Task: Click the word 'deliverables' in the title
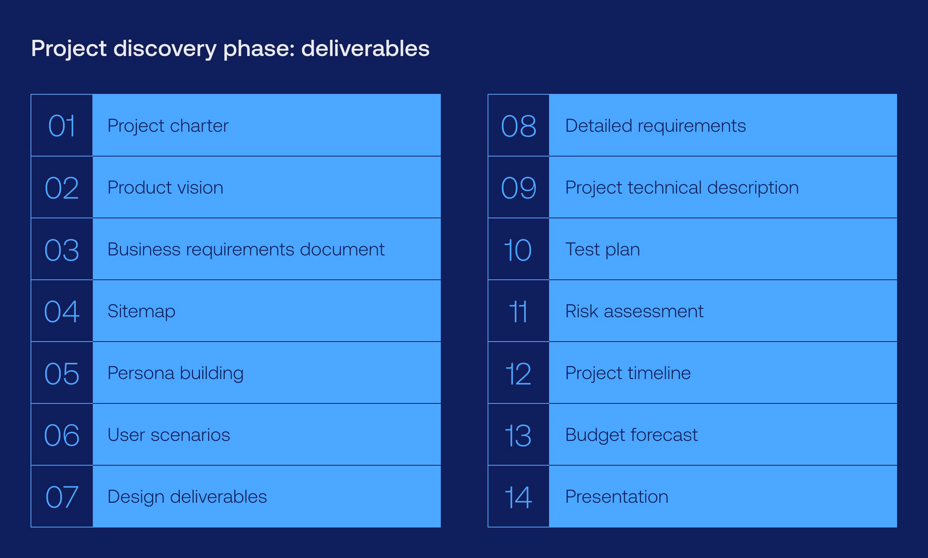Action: [365, 49]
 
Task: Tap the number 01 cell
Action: [62, 126]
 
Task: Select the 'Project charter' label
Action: [168, 126]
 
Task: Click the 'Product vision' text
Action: [165, 188]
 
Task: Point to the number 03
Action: [62, 250]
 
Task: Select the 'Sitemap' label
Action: [141, 311]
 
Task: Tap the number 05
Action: [62, 373]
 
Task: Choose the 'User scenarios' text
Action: [169, 435]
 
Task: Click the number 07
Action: [62, 497]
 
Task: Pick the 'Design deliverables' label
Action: [187, 497]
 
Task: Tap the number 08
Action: [519, 126]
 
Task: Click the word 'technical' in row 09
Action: [664, 188]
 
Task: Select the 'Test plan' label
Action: [602, 250]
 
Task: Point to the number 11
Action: [519, 311]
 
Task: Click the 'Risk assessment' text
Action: [634, 311]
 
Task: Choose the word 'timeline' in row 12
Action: [659, 373]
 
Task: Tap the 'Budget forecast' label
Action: [631, 435]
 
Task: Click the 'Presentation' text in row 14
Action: [617, 497]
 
